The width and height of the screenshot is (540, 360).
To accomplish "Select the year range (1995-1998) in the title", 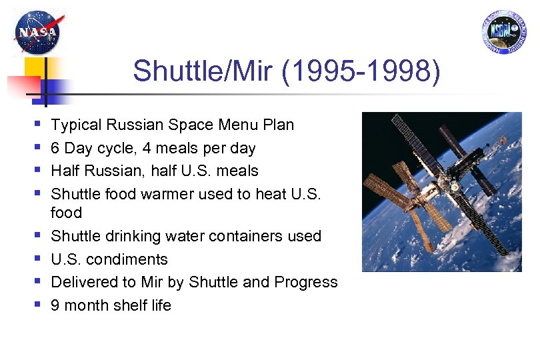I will pyautogui.click(x=361, y=71).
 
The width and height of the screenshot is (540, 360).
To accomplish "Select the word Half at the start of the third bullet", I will pyautogui.click(x=65, y=171).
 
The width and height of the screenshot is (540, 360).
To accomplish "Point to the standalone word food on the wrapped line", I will pyautogui.click(x=67, y=213).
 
